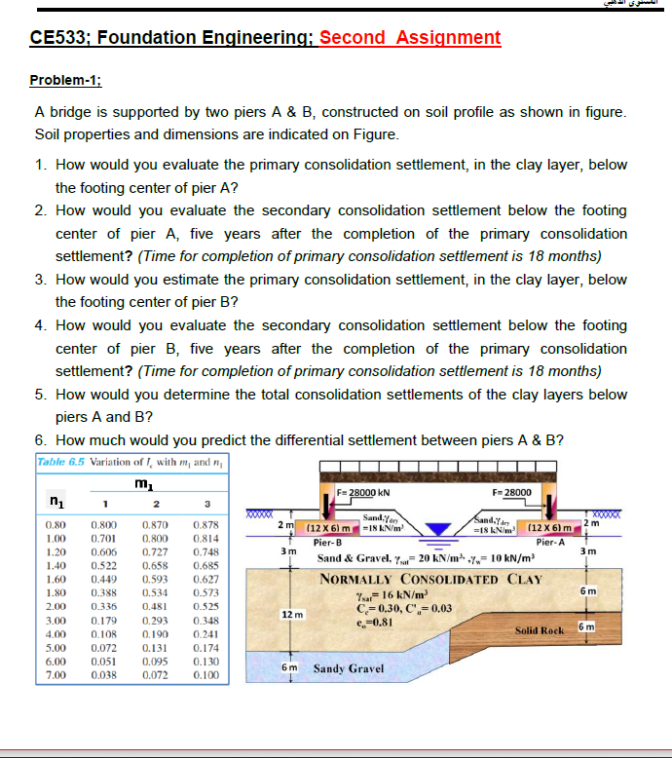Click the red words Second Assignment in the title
pyautogui.click(x=410, y=38)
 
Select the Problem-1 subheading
pyautogui.click(x=73, y=80)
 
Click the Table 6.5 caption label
pyautogui.click(x=60, y=462)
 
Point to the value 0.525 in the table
pyautogui.click(x=205, y=606)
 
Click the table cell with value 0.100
pyautogui.click(x=205, y=675)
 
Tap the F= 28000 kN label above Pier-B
pyautogui.click(x=364, y=493)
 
